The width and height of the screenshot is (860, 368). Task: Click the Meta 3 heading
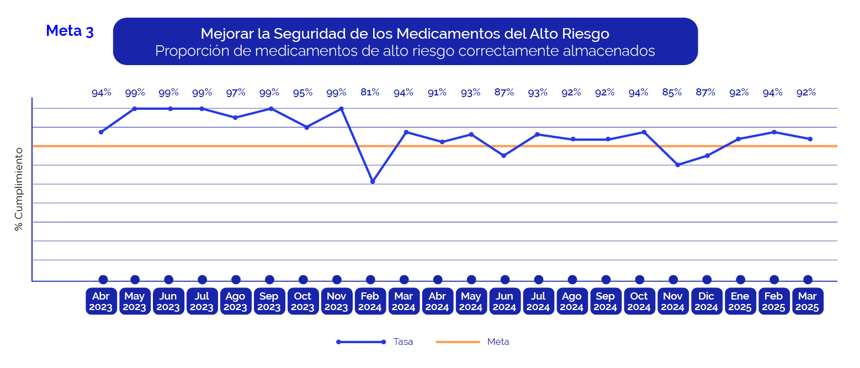pyautogui.click(x=70, y=31)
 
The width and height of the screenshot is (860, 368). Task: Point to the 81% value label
pyautogui.click(x=370, y=93)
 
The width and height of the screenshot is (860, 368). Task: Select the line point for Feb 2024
pyautogui.click(x=373, y=182)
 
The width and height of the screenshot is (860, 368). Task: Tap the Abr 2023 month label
pyautogui.click(x=101, y=301)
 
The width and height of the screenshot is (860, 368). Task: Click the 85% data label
pyautogui.click(x=672, y=93)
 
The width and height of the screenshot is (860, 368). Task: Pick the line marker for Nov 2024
pyautogui.click(x=677, y=165)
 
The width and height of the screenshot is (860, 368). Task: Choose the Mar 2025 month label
pyautogui.click(x=808, y=301)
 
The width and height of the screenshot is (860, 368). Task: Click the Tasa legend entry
pyautogui.click(x=403, y=342)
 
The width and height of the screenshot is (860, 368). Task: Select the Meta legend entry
pyautogui.click(x=498, y=342)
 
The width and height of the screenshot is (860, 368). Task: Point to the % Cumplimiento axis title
pyautogui.click(x=19, y=189)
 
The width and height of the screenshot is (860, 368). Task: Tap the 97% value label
pyautogui.click(x=236, y=93)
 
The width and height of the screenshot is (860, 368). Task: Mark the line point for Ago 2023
pyautogui.click(x=235, y=118)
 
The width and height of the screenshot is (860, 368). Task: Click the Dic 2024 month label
pyautogui.click(x=707, y=301)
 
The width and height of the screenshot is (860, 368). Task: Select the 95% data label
pyautogui.click(x=302, y=93)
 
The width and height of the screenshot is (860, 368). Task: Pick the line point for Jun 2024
pyautogui.click(x=504, y=156)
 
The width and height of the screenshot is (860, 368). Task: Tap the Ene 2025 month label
pyautogui.click(x=740, y=301)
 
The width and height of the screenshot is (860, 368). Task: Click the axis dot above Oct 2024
pyautogui.click(x=640, y=280)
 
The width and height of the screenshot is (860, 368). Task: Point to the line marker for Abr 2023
pyautogui.click(x=101, y=132)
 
